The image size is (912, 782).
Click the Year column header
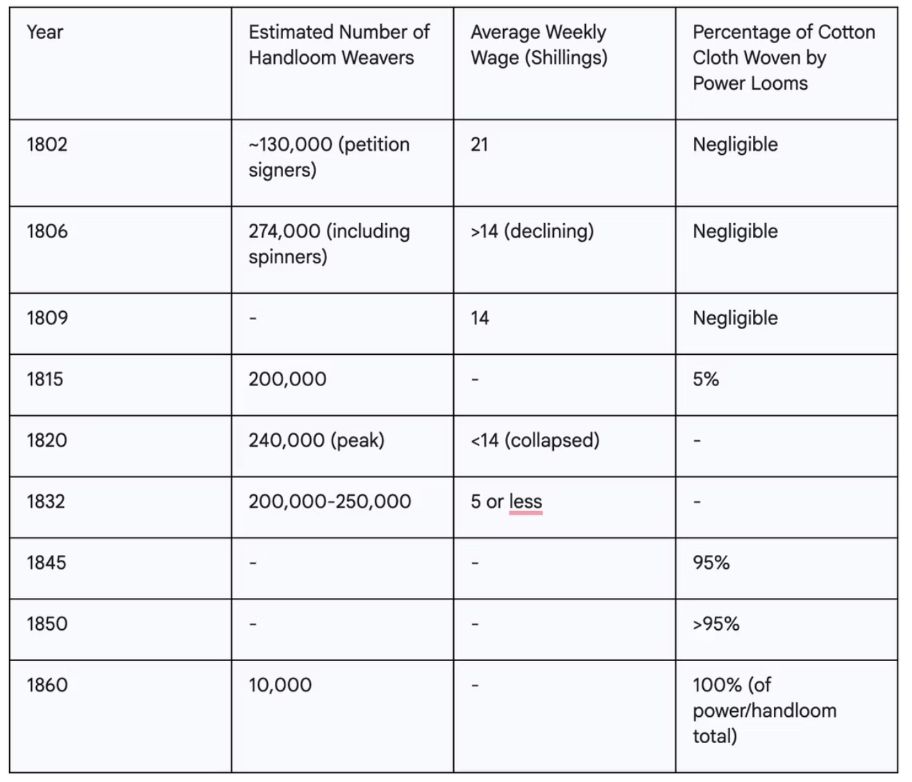45,33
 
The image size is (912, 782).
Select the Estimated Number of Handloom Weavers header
339,45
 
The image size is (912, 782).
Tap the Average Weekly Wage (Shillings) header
539,45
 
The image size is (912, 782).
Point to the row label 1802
47,144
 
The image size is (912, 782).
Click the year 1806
47,231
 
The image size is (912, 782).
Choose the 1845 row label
47,563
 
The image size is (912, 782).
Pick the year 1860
47,685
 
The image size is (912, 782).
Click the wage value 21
480,144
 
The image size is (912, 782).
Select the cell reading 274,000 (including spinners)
329,244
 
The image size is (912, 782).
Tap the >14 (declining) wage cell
532,231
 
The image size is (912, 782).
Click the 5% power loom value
706,379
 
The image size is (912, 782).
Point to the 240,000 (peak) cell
316,440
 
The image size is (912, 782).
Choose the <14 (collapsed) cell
535,440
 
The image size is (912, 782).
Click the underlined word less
525,501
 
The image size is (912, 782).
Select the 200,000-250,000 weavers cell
330,501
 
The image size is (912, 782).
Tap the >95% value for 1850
716,624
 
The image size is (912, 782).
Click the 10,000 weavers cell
280,685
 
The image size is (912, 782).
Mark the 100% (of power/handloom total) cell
764,710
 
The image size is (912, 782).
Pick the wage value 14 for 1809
480,318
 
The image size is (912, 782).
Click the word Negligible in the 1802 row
735,144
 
